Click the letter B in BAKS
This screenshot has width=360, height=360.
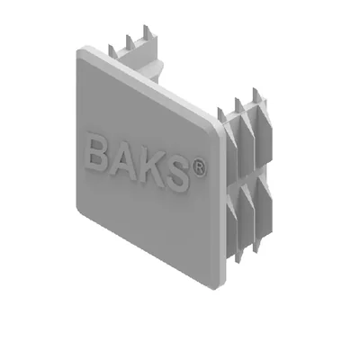96,153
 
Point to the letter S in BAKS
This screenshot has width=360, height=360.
178,174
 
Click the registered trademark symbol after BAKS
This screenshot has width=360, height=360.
200,168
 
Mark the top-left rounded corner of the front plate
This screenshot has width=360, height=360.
80,51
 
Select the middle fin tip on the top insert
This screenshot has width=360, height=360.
128,37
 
